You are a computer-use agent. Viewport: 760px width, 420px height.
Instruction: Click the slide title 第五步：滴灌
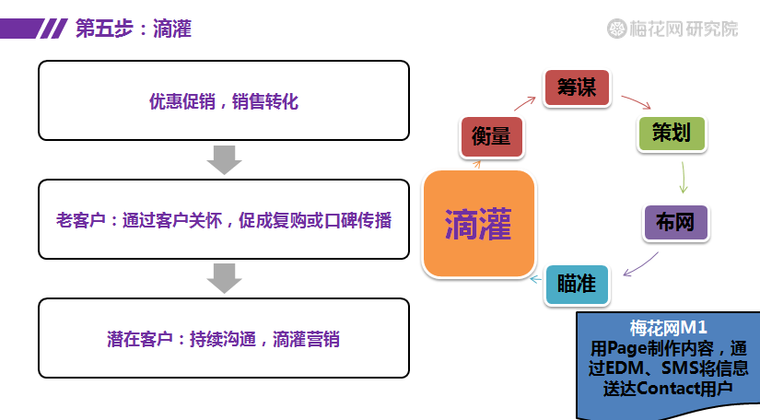click(134, 29)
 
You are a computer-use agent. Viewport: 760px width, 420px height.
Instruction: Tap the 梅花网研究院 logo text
click(684, 29)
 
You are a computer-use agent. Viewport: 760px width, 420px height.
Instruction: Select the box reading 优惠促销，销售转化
click(224, 100)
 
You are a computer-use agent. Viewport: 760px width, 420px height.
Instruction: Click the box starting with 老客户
click(224, 219)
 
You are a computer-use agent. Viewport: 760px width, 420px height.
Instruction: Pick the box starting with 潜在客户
click(224, 338)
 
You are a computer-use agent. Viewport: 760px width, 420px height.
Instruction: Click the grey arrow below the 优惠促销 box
click(224, 160)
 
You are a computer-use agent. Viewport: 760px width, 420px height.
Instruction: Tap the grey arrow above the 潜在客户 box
click(224, 278)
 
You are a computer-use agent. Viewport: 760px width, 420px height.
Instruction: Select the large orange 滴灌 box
click(479, 223)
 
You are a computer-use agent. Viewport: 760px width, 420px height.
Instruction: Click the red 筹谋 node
click(577, 88)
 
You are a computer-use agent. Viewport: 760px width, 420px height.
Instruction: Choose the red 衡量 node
click(492, 137)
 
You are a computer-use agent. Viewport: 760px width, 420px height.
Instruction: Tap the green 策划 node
click(672, 134)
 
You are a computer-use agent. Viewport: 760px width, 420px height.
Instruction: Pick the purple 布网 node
click(675, 222)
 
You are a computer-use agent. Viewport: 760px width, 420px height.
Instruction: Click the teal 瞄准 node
click(577, 285)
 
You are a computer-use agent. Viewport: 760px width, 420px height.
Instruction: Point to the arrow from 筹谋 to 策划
click(636, 100)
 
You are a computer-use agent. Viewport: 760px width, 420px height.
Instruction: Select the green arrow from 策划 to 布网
click(683, 177)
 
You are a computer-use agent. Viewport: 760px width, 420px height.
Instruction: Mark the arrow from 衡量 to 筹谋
click(524, 103)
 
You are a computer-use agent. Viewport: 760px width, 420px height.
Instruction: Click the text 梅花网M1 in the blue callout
click(669, 328)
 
